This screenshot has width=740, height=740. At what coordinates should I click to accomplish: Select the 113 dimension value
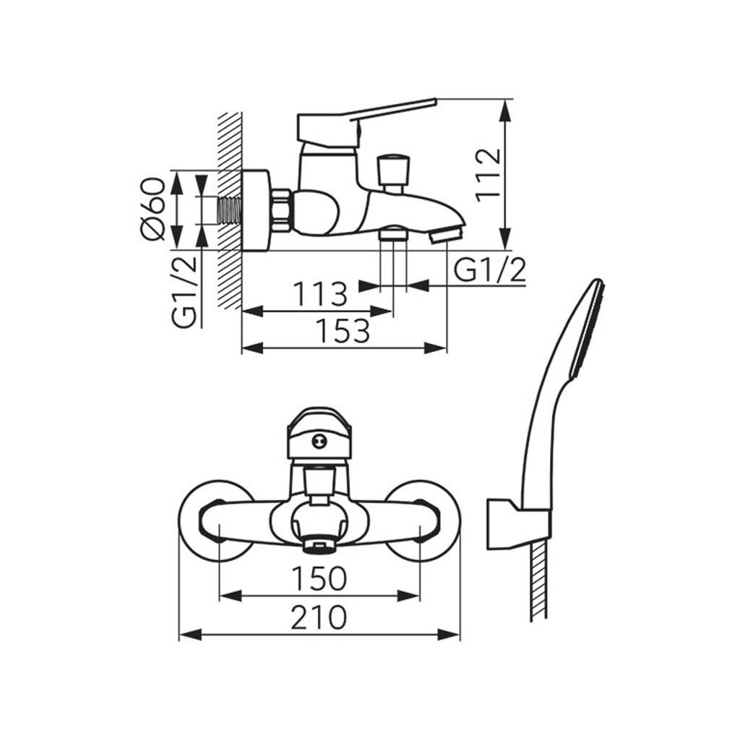(x=320, y=293)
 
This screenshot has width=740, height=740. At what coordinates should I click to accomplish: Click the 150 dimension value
(x=319, y=579)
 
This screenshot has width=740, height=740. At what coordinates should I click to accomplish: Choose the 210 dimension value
(x=319, y=617)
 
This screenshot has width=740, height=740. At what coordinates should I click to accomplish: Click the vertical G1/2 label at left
(x=184, y=292)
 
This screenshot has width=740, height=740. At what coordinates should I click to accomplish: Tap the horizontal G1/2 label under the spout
(x=489, y=271)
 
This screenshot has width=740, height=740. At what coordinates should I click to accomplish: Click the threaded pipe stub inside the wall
(x=230, y=210)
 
